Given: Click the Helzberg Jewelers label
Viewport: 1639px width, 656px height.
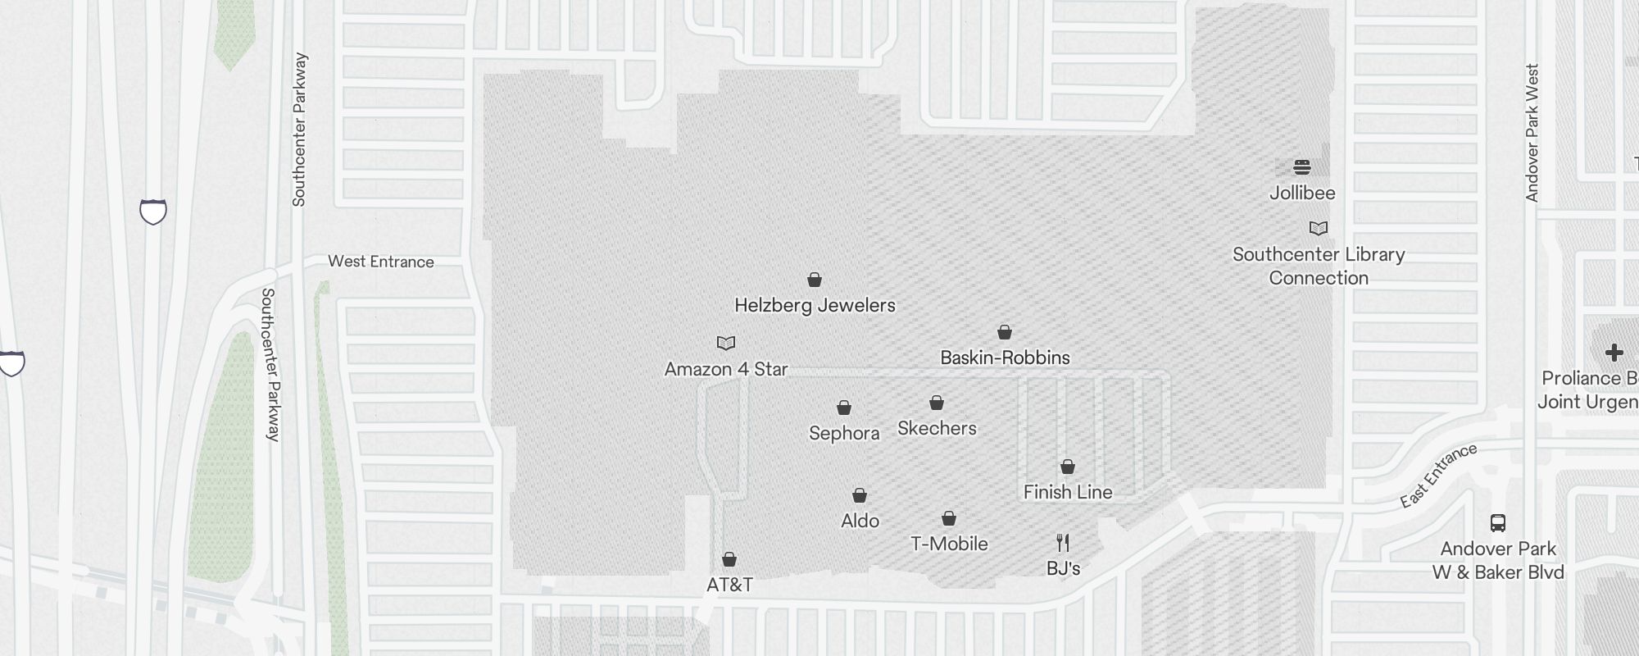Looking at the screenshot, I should [815, 306].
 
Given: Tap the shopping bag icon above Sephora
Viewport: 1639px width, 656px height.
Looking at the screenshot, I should [844, 408].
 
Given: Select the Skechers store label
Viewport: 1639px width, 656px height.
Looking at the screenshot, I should [937, 428].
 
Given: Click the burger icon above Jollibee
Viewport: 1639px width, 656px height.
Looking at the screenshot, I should [1302, 168].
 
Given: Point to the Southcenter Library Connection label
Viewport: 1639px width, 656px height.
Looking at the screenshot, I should [1319, 266].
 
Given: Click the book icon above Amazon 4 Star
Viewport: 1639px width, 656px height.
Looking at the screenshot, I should [726, 343].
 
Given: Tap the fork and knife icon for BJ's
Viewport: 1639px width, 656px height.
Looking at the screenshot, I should [1063, 543].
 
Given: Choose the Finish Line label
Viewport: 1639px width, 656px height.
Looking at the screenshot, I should [1068, 492].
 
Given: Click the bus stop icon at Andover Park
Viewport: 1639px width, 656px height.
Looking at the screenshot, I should [1498, 523].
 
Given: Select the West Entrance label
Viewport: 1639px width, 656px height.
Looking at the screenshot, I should [381, 262].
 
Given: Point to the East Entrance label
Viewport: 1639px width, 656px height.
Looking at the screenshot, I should [1438, 476].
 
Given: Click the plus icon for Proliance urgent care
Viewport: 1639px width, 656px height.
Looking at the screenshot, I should [1614, 353].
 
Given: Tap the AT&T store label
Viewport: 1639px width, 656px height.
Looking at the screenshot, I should [729, 585].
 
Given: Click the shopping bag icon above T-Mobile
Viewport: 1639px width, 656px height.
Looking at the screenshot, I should [949, 518].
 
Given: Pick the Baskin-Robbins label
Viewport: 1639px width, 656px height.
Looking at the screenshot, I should [1005, 358].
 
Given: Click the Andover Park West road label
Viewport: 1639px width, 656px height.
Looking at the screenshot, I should [1532, 133].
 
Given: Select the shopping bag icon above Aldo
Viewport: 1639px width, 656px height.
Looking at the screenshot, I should [860, 495].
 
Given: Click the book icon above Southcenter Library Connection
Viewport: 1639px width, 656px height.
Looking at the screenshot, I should [1319, 228].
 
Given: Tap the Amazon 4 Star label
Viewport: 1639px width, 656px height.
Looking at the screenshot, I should [726, 369].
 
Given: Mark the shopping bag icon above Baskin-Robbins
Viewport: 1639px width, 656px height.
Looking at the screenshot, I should [1005, 332].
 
